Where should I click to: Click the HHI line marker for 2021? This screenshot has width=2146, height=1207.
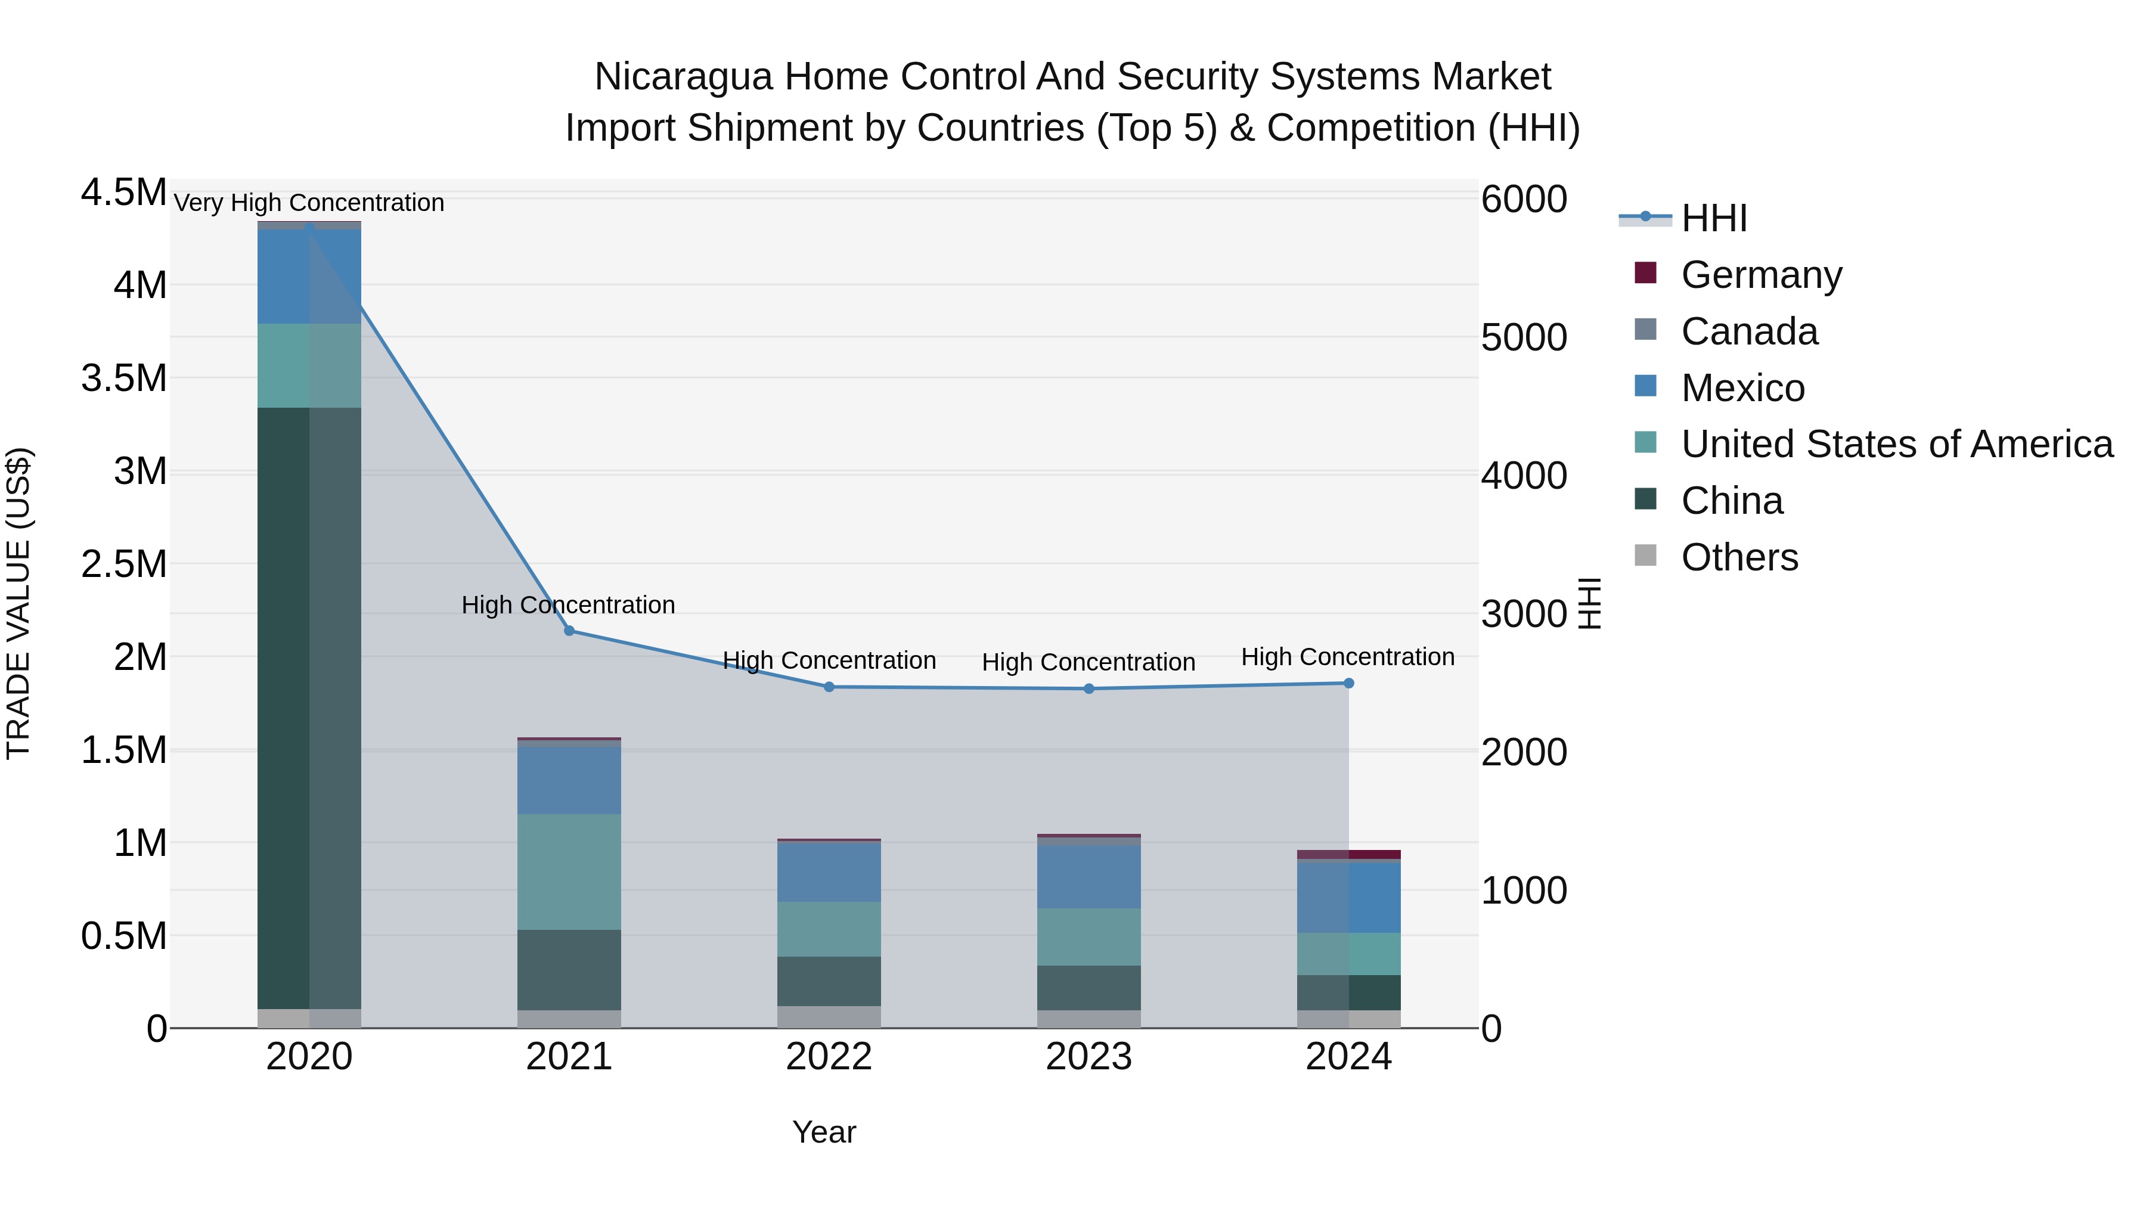tap(569, 631)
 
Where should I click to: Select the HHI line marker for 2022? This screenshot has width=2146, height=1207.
tap(829, 687)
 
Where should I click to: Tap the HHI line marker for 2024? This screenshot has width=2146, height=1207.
tap(1349, 683)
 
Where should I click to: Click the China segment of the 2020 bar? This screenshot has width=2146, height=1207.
tap(309, 708)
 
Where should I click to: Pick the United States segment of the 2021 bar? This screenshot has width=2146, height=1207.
tap(569, 871)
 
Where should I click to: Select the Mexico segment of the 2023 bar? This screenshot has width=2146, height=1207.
tap(1089, 876)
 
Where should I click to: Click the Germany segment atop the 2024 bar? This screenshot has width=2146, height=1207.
tap(1349, 855)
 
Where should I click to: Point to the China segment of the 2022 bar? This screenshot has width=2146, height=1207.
tap(829, 981)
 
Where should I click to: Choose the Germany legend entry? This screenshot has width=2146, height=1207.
tap(1760, 275)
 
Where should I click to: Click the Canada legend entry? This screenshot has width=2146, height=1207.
tap(1748, 331)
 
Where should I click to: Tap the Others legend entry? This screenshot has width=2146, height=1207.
tap(1739, 557)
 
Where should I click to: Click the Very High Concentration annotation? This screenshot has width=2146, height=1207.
tap(309, 203)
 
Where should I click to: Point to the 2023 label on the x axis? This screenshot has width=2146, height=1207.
tap(1089, 1057)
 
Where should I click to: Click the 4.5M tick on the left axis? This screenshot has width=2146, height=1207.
tap(123, 193)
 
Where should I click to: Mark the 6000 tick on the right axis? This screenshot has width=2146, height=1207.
tap(1524, 199)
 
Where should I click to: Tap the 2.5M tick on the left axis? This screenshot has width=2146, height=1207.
tap(123, 564)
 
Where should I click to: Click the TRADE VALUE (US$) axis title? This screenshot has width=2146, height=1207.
tap(18, 603)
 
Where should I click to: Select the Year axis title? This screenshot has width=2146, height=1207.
tap(824, 1132)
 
